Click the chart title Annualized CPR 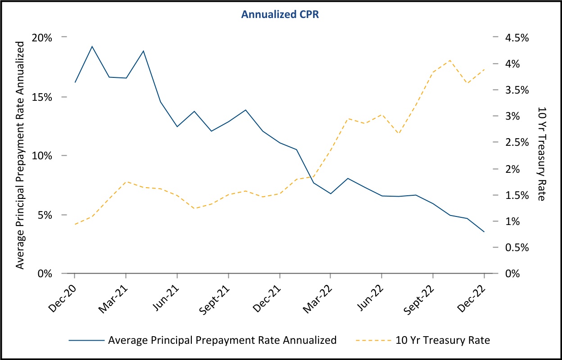coord(281,14)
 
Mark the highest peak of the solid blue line coord(92,46)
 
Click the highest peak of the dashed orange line coord(450,60)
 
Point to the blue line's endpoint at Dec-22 coord(484,232)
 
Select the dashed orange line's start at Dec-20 coord(74,224)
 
